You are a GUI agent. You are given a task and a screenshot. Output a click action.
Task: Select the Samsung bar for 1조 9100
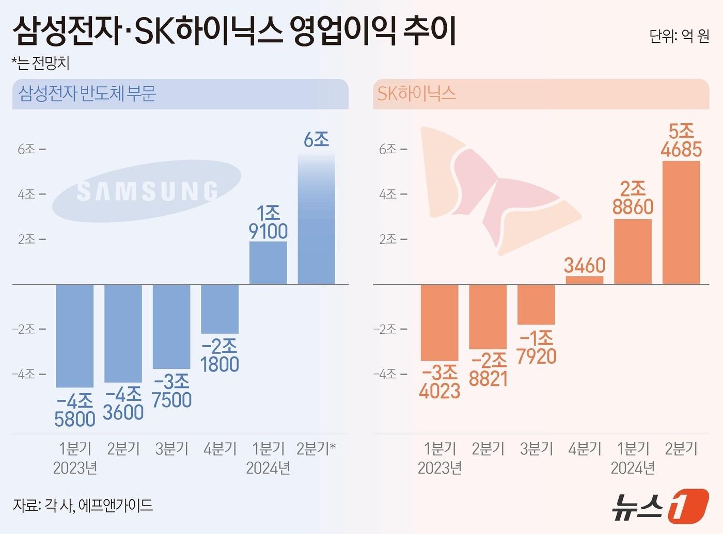[x=268, y=263]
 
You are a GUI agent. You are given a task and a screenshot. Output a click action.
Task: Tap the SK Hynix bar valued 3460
[x=584, y=280]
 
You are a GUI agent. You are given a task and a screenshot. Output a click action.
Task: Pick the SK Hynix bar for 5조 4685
[x=681, y=222]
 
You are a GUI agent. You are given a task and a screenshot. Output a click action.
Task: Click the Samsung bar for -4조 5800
[x=75, y=335]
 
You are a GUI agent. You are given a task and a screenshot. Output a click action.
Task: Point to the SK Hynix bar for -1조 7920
[x=536, y=304]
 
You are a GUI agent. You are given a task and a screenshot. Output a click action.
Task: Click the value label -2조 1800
[x=219, y=355]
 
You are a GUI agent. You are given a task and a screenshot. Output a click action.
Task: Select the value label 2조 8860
[x=633, y=198]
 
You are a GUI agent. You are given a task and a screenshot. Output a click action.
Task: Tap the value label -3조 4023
[x=439, y=382]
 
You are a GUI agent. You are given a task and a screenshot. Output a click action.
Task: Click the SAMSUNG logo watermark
[x=147, y=191]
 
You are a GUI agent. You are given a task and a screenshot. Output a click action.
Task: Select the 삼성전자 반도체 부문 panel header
[x=87, y=93]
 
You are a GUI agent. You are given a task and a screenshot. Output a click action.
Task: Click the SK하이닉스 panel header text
[x=416, y=93]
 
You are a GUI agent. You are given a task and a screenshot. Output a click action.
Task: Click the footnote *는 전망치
[x=40, y=63]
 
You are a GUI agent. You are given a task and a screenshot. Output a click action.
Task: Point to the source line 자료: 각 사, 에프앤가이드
[x=83, y=505]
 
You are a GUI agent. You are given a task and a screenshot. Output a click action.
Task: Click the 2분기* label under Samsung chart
[x=316, y=448]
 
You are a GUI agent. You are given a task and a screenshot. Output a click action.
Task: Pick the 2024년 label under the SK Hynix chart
[x=633, y=468]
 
